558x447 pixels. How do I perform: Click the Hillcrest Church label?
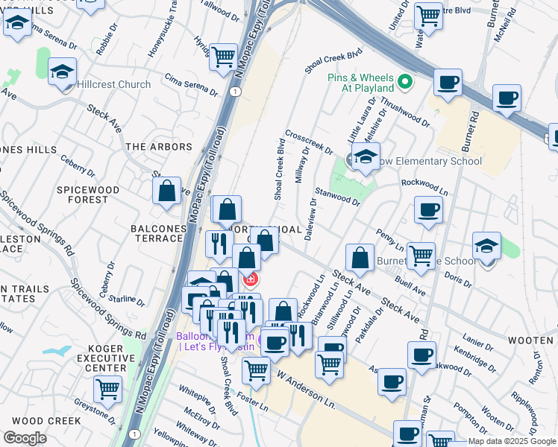pyautogui.click(x=113, y=84)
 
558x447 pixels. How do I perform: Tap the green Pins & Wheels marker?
pyautogui.click(x=405, y=82)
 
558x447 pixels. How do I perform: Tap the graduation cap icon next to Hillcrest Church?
pyautogui.click(x=63, y=72)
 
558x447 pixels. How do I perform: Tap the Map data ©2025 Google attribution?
pyautogui.click(x=512, y=441)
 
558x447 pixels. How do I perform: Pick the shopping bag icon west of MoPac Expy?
pyautogui.click(x=167, y=191)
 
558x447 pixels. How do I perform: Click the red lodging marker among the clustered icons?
pyautogui.click(x=252, y=280)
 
